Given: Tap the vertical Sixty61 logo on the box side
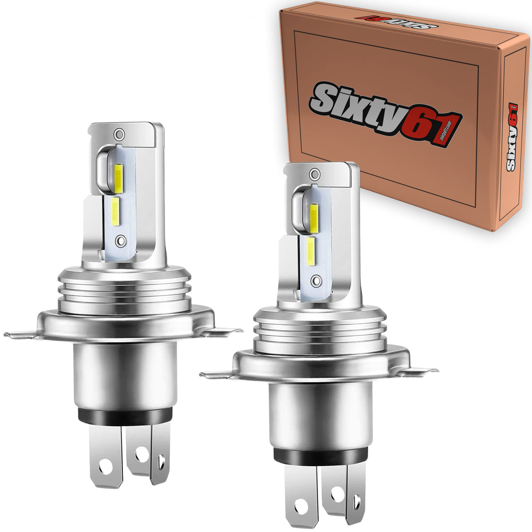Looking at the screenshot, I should [x=512, y=137].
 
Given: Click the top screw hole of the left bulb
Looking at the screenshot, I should [x=118, y=133].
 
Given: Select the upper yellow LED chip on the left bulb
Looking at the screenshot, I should [x=119, y=176].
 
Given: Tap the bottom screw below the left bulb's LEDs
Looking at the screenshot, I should [x=119, y=241].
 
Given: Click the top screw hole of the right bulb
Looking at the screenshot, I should [x=315, y=172].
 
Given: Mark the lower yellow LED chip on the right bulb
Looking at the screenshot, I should [x=311, y=251].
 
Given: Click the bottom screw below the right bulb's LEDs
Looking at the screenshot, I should [x=315, y=280].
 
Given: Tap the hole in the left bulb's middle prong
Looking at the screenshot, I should [x=141, y=453].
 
